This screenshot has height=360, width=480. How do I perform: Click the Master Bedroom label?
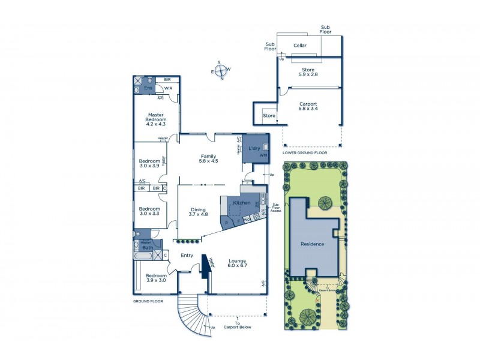(156, 118)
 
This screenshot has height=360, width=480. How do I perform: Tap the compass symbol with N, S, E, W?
(220, 70)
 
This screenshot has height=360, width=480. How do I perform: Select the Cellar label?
(300, 46)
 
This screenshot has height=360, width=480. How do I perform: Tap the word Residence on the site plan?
(312, 244)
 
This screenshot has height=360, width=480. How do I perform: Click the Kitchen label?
(242, 203)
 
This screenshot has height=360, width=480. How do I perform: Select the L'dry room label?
(254, 146)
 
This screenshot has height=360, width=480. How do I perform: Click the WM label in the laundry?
(263, 155)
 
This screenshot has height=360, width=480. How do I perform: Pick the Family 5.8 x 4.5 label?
(209, 158)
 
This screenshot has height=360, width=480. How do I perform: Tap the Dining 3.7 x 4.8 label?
(198, 212)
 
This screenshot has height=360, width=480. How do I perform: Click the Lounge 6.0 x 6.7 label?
(238, 264)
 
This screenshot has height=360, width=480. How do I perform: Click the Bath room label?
(146, 247)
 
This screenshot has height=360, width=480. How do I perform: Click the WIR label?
(169, 88)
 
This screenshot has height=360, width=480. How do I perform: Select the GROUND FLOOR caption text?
(148, 302)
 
